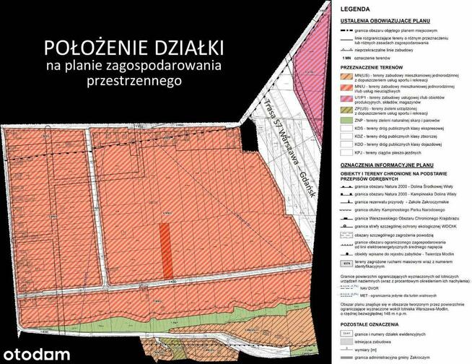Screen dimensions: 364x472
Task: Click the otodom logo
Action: click(36, 354)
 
